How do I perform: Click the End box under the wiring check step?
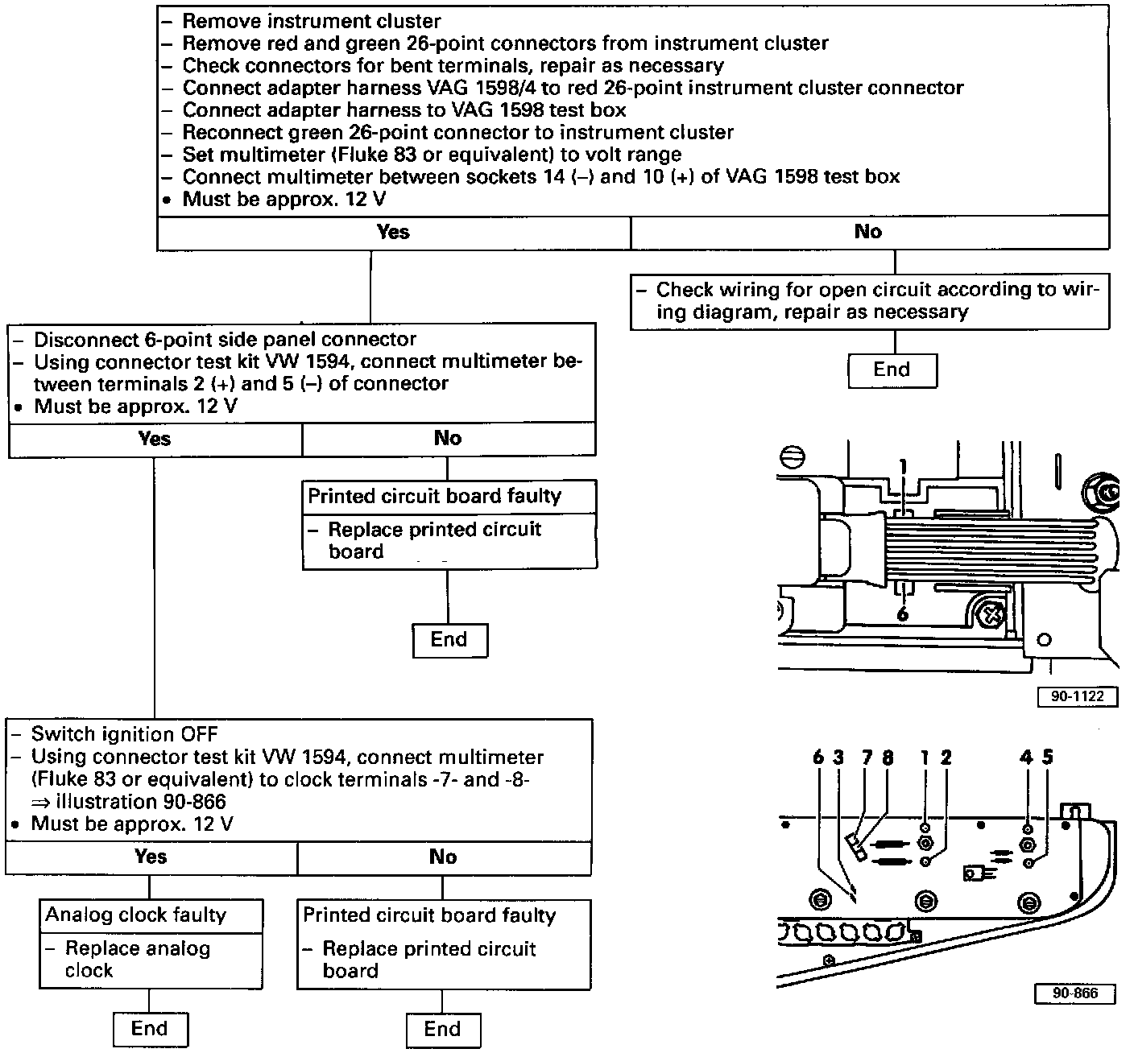coord(892,370)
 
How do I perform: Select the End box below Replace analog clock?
coord(149,1029)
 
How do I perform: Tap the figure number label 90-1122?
coord(1078,696)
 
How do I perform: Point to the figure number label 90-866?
coord(1075,993)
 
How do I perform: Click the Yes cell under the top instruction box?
coord(393,233)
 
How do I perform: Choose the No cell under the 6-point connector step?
coord(448,439)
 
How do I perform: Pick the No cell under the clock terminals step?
coord(443,857)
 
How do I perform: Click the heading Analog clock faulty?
coord(135,915)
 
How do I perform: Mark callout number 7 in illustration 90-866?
coord(867,758)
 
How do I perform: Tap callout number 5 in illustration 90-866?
coord(1047,757)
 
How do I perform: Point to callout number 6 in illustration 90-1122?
coord(902,614)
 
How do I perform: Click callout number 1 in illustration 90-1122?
coord(904,466)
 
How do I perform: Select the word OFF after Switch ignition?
coord(199,734)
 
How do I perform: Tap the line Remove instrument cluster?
coord(312,21)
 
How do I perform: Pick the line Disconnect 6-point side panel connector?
coord(225,339)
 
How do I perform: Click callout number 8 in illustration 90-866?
coord(888,758)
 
